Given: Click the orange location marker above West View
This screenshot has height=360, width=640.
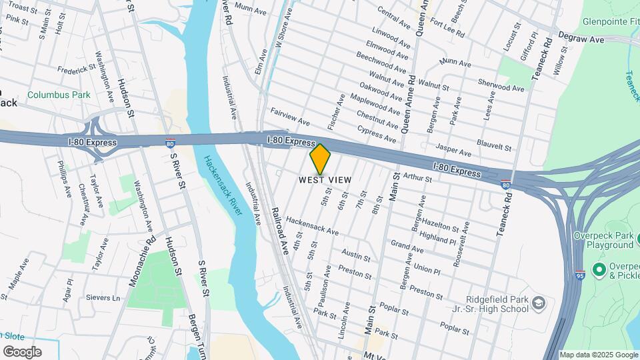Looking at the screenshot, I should point(320,159).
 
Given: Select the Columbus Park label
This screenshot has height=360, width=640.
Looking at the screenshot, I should point(59,95).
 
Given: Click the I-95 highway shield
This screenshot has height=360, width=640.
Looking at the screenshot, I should point(580,274).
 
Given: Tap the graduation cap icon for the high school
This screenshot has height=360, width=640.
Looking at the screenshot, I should point(538,304).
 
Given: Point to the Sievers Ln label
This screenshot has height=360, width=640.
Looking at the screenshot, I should point(102,298).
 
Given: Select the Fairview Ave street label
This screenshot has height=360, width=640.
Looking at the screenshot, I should point(290,117).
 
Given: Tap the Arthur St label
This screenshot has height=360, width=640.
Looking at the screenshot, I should point(418,177).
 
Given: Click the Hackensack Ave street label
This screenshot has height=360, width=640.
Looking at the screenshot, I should point(313,227).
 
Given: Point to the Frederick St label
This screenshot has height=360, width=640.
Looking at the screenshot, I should point(77,69).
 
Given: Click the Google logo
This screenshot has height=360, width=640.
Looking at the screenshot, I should point(22,352).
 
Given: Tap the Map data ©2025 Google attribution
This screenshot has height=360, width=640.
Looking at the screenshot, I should point(599,355).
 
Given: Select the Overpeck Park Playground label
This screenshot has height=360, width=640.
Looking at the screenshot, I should point(605,240).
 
